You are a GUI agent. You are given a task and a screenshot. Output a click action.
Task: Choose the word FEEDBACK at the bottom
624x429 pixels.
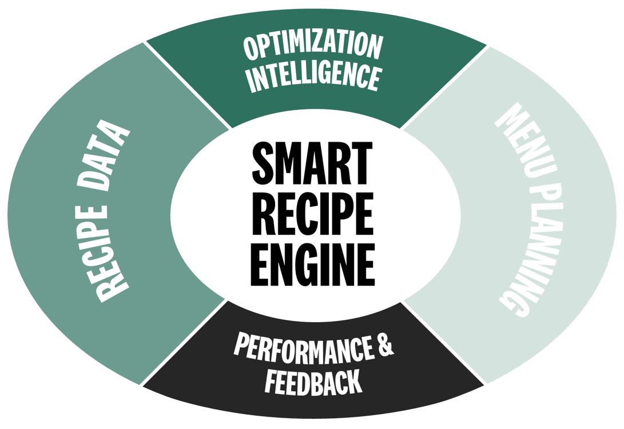(313, 380)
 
